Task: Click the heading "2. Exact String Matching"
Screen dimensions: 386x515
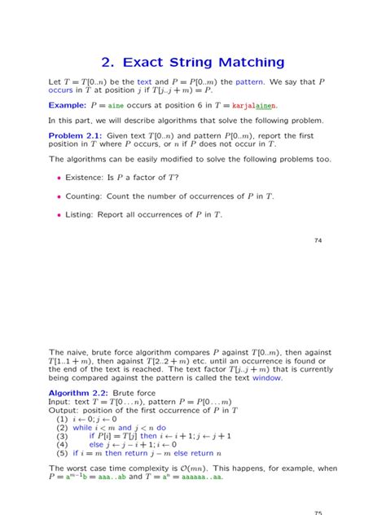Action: click(x=193, y=61)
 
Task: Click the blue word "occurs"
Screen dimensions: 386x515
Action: click(x=64, y=90)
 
